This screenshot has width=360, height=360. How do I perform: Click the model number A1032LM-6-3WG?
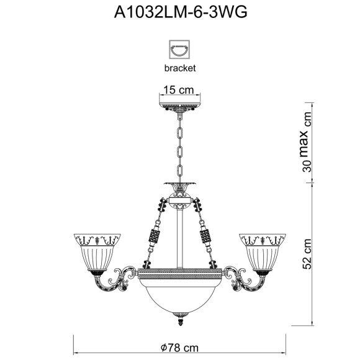pyautogui.click(x=180, y=14)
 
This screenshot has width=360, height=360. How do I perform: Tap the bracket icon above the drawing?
pyautogui.click(x=179, y=50)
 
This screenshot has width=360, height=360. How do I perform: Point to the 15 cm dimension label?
pyautogui.click(x=179, y=90)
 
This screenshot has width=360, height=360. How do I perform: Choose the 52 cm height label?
pyautogui.click(x=305, y=255)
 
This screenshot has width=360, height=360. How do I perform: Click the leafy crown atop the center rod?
pyautogui.click(x=179, y=186)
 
